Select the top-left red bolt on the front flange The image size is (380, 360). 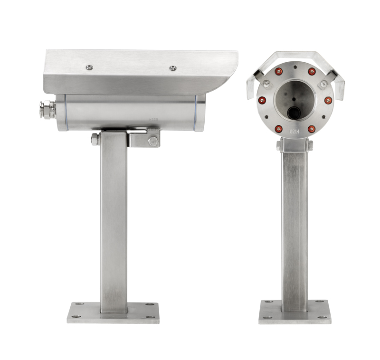pyautogui.click(x=278, y=72)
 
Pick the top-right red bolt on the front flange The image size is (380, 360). pyautogui.click(x=312, y=72)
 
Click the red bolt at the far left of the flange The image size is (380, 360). pyautogui.click(x=262, y=100)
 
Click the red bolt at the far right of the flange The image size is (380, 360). pyautogui.click(x=328, y=100)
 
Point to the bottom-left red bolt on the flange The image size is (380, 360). pyautogui.click(x=278, y=129)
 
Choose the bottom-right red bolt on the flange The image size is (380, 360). pyautogui.click(x=312, y=129)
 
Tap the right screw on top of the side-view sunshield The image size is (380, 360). pyautogui.click(x=173, y=68)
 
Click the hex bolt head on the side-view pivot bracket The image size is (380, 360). pyautogui.click(x=153, y=141)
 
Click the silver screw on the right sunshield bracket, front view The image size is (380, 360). pyautogui.click(x=323, y=84)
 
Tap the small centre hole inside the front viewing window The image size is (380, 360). pyautogui.click(x=295, y=100)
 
